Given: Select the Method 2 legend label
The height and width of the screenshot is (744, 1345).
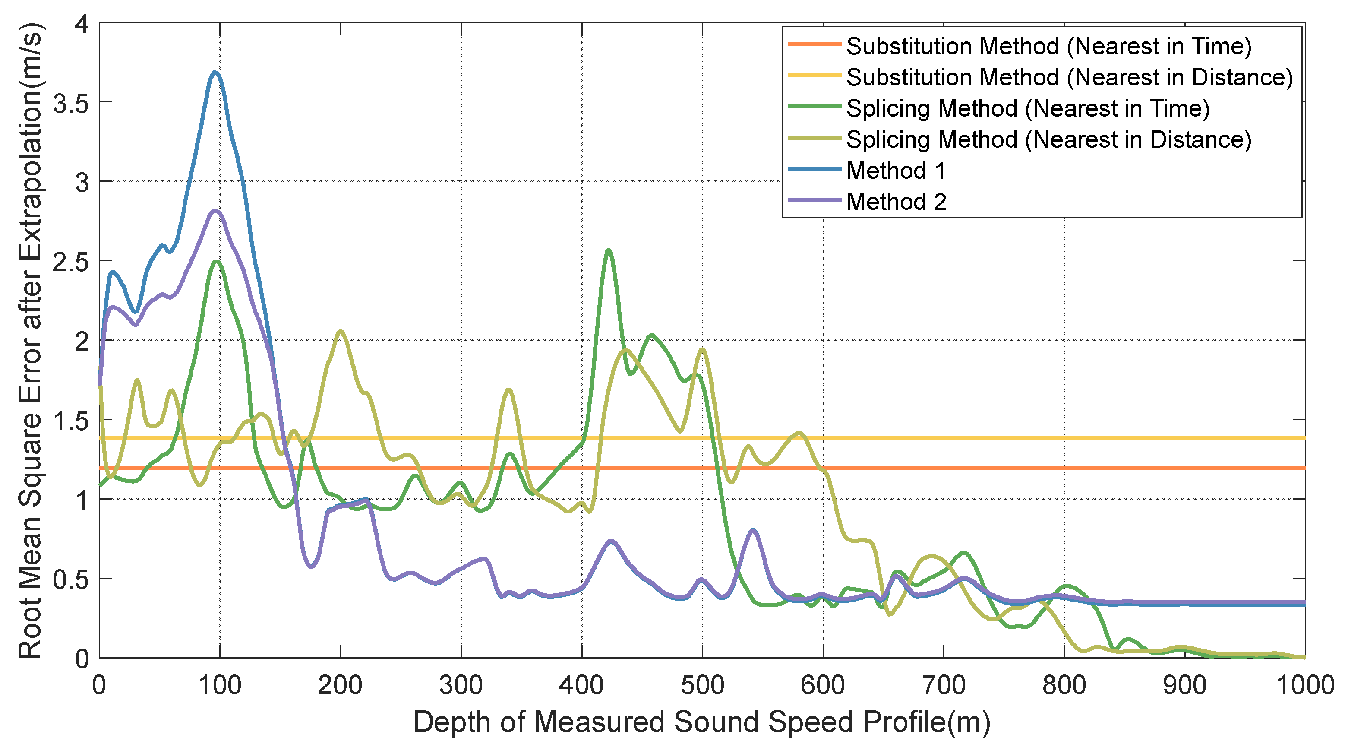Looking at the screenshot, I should point(896,202).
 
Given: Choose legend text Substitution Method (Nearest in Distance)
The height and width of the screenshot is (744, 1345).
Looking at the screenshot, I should point(1069,77).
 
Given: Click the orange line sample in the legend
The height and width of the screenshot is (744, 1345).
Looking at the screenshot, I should point(814,45).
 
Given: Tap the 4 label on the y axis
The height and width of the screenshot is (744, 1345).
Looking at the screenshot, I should point(82,25).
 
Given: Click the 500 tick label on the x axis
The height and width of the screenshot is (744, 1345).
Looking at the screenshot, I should point(702,685).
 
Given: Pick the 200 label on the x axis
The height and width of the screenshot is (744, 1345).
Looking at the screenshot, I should point(341,685).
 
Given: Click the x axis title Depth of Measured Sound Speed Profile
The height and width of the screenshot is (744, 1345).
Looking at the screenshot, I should point(702,722).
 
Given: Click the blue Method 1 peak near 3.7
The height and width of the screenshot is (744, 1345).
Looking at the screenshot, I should point(215,73).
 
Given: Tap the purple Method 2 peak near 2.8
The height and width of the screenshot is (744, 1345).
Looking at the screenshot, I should point(215,211).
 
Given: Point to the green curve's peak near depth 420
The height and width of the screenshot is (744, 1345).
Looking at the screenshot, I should point(608,250).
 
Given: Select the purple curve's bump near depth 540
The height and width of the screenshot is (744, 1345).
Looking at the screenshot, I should point(752,530).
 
